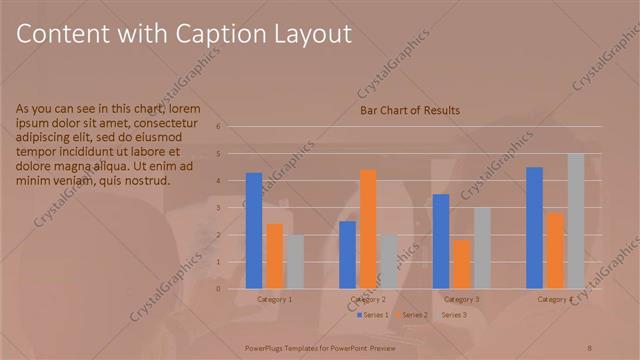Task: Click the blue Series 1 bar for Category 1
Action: (x=254, y=231)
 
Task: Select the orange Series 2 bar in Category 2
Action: (x=368, y=229)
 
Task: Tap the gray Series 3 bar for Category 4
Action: (x=575, y=221)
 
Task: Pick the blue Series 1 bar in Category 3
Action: (x=441, y=241)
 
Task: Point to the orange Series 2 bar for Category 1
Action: (x=274, y=256)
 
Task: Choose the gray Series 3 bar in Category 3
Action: (x=481, y=248)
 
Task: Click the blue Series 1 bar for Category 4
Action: (x=534, y=228)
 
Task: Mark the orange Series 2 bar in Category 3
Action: (x=461, y=264)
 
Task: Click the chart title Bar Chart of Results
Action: (x=410, y=110)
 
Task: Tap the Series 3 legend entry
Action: (x=453, y=315)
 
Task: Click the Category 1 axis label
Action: (x=275, y=299)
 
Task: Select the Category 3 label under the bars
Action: (x=461, y=299)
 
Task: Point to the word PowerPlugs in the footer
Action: (x=270, y=347)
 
